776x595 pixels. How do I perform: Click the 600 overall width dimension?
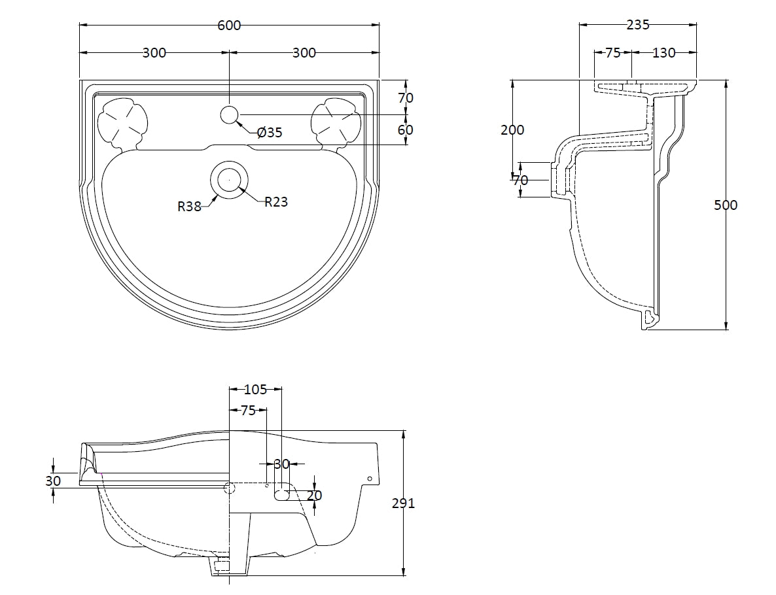(x=229, y=25)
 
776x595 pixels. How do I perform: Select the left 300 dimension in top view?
(x=154, y=53)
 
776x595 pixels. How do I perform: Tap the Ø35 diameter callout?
(x=270, y=133)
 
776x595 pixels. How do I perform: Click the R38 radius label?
(x=189, y=207)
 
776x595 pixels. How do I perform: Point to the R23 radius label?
(x=276, y=202)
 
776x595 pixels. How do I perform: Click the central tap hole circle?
(x=228, y=115)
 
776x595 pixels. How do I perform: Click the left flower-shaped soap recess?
(x=122, y=122)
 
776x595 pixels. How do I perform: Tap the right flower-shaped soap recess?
(x=336, y=122)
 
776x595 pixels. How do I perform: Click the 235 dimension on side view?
(x=638, y=25)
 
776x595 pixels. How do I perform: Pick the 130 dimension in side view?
(x=663, y=53)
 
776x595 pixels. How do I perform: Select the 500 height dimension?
(x=725, y=205)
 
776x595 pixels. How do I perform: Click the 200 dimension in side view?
(x=512, y=129)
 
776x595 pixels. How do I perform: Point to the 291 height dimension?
(x=404, y=503)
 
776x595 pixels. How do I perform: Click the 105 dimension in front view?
(x=255, y=390)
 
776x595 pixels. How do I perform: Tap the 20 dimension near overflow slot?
(x=315, y=496)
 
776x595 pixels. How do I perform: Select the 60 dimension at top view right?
(x=406, y=129)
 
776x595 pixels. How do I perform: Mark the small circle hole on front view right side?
(x=370, y=479)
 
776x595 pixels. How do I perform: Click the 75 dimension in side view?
(x=612, y=53)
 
